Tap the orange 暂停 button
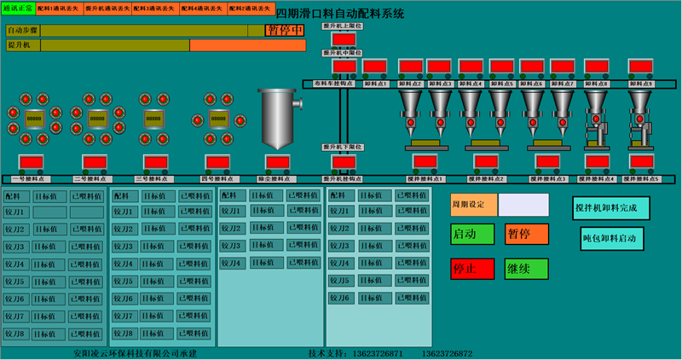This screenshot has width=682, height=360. coord(527,234)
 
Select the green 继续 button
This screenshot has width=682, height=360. coord(526,270)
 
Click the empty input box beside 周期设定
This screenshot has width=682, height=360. coord(523,205)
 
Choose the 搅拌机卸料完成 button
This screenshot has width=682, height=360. coord(611,207)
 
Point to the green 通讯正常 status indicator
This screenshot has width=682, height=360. coord(18,8)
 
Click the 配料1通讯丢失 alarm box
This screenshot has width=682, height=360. coord(60,9)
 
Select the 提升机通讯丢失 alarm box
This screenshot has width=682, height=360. coord(107,9)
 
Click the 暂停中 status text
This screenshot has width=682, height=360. coord(286,31)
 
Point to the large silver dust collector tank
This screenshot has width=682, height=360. coord(280,117)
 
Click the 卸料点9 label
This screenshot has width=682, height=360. coord(639,84)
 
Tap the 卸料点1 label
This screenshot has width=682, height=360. coord(375,84)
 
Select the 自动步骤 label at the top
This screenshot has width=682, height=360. coord(23,31)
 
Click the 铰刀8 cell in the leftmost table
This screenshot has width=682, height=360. coord(17,334)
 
